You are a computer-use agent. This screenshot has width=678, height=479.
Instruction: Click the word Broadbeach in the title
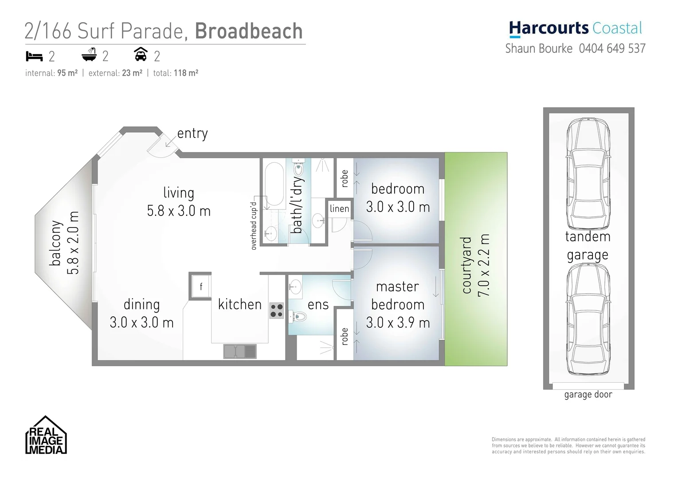click(x=248, y=31)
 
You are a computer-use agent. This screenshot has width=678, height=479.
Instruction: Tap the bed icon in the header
click(x=34, y=56)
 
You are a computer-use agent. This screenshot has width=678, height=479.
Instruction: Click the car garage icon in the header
click(x=141, y=55)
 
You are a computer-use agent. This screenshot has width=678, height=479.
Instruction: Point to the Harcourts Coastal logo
click(x=575, y=28)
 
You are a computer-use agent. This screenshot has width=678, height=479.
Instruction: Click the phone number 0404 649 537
click(x=612, y=48)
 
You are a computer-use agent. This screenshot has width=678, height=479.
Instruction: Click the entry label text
click(x=192, y=133)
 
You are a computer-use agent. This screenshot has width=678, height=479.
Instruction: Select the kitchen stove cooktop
click(x=277, y=310)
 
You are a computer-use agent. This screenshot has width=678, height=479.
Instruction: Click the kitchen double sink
click(x=240, y=351)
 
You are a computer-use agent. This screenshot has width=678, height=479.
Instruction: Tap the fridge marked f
click(x=200, y=287)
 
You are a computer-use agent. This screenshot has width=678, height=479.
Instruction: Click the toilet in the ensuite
click(x=300, y=317)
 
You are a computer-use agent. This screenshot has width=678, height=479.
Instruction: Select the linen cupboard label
click(x=339, y=208)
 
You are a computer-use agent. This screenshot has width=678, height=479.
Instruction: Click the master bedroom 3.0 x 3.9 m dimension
click(x=398, y=322)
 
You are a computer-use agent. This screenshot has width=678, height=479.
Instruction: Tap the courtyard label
click(x=466, y=265)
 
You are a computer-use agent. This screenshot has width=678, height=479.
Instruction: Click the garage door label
click(x=588, y=394)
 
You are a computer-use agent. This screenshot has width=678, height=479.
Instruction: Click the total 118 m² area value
click(x=186, y=73)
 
